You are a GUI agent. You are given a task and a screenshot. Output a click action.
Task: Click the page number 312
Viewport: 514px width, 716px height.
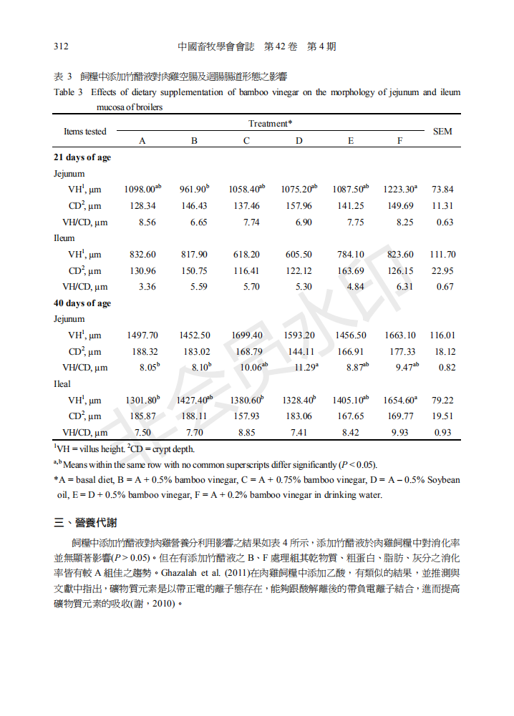point(61,46)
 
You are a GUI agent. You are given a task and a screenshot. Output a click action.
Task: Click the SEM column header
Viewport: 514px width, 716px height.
point(442,132)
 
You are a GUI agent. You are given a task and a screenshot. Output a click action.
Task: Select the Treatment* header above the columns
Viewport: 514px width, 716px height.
point(270,124)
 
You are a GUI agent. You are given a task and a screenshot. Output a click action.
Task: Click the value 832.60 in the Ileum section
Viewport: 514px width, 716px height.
point(142,255)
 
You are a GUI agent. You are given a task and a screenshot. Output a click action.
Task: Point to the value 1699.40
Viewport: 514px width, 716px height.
point(246,335)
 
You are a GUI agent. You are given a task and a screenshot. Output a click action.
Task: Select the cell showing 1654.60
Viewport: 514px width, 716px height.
point(399,401)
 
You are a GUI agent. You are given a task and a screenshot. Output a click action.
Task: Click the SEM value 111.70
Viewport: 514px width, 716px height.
point(442,255)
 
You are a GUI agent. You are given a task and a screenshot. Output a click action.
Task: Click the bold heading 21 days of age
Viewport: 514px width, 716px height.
point(82,157)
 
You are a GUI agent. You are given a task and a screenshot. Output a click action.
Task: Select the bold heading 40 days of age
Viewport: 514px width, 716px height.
point(82,303)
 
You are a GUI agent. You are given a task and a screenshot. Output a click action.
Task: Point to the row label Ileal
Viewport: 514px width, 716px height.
point(62,384)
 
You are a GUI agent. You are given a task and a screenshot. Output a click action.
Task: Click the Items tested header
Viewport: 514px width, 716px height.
point(85,132)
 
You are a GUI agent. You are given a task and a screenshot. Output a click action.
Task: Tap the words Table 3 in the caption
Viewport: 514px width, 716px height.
point(69,92)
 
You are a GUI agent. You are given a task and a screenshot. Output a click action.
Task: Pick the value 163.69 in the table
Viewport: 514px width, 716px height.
point(351,271)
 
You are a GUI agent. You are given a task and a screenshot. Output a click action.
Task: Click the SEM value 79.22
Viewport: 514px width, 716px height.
point(442,401)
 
